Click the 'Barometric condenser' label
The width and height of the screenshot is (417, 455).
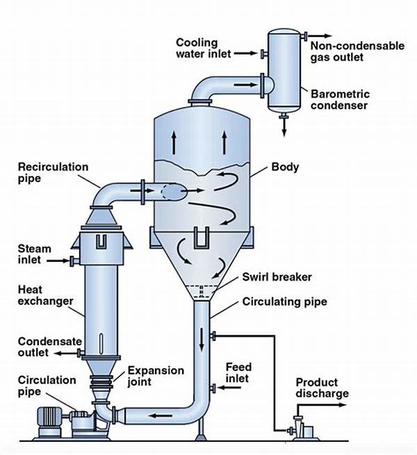coord(340,99)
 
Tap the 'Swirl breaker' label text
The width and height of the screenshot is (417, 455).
coord(277,277)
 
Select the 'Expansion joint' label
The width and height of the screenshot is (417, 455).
coord(156,376)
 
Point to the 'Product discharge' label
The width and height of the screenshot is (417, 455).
coord(322,388)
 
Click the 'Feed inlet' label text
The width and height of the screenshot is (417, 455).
coord(238,372)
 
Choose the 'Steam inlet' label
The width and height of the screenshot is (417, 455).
coord(34,254)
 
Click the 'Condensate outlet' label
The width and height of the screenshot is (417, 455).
coord(49,347)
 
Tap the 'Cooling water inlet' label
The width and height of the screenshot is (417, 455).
coord(204,48)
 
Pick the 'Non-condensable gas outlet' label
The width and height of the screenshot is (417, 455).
coord(357,51)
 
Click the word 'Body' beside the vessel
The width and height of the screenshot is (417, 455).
coord(285,167)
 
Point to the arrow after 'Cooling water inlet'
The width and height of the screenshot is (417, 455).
coord(245,53)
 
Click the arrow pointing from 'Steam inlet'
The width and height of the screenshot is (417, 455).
coord(58,260)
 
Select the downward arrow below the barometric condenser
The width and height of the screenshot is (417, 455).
coord(284,127)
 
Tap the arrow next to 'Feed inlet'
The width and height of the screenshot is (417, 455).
coord(229,387)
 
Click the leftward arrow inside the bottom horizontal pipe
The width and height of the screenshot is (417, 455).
coord(161,415)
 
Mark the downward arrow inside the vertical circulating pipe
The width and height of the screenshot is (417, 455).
coord(202,338)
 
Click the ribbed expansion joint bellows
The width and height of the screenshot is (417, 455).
coord(101,382)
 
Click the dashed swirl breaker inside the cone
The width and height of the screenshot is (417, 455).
coord(202,292)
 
